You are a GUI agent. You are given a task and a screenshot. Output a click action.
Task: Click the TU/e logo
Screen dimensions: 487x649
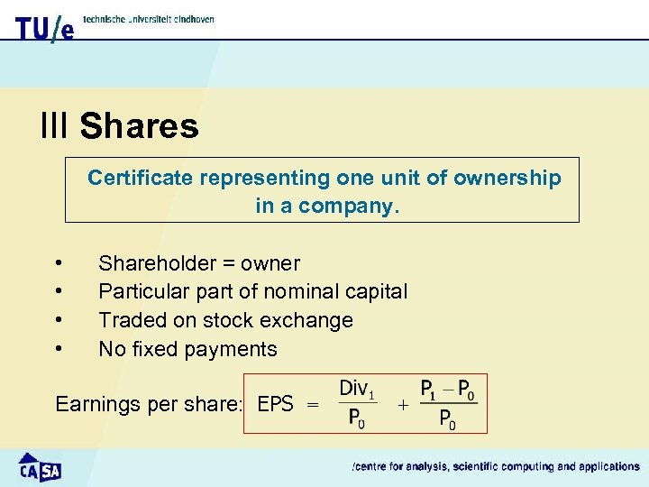(44, 28)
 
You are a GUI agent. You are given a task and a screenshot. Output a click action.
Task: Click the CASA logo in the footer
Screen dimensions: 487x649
(41, 466)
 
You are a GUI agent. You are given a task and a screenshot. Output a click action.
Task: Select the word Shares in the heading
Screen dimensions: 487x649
(139, 125)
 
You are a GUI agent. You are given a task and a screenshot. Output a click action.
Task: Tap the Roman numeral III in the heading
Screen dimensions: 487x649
(54, 125)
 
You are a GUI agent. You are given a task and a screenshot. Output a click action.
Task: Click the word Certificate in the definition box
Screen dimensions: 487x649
(140, 178)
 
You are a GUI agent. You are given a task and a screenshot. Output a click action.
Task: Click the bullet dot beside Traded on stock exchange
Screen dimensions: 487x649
(59, 319)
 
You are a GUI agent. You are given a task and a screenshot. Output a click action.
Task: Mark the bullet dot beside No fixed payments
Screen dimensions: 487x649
(59, 348)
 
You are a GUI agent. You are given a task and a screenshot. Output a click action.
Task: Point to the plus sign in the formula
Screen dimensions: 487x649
(402, 406)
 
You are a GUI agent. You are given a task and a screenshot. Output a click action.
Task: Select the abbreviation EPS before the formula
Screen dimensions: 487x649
(275, 404)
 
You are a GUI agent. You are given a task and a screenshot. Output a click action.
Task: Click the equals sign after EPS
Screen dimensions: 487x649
(313, 406)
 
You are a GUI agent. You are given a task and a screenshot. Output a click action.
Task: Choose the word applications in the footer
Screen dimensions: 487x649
(604, 466)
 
